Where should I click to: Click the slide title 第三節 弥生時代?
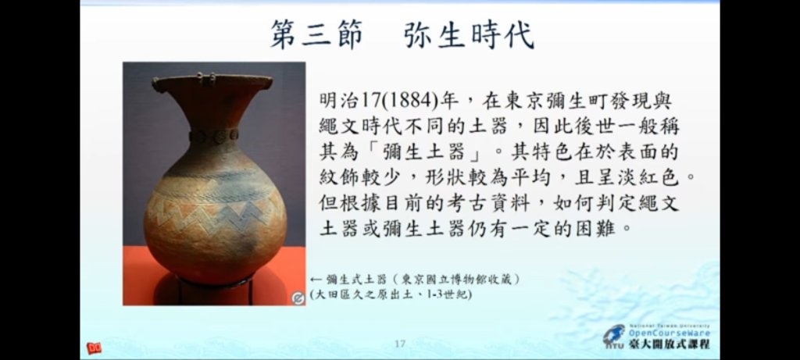[x=402, y=34]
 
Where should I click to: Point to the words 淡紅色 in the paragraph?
[x=652, y=177]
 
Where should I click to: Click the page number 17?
[x=400, y=344]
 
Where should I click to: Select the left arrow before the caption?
[x=316, y=280]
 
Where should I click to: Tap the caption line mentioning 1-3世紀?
[x=391, y=294]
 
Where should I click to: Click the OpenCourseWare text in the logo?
[x=669, y=333]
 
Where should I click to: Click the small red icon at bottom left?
[x=94, y=348]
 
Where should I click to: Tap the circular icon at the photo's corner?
[x=298, y=298]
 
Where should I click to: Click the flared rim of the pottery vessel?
[x=212, y=83]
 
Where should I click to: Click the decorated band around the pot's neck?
[x=214, y=136]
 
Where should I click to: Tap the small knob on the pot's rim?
[x=206, y=78]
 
